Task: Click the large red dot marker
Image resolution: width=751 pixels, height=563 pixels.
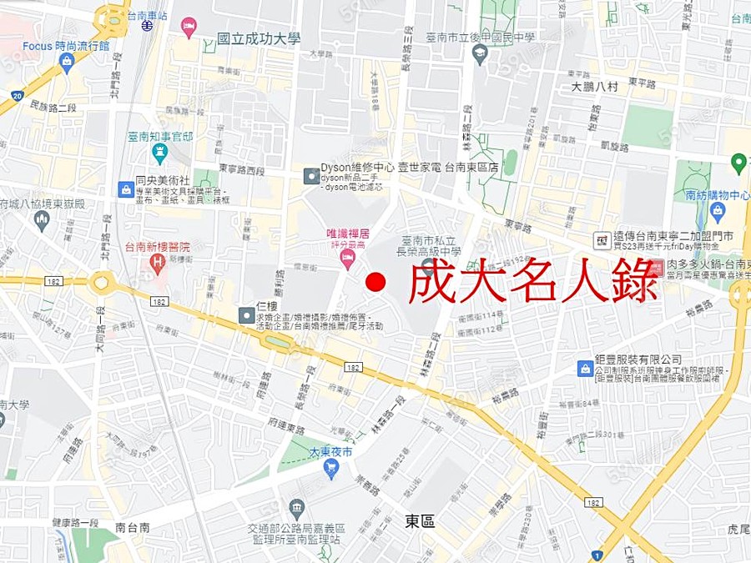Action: tap(375, 282)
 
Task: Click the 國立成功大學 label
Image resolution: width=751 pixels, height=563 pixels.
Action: tap(258, 38)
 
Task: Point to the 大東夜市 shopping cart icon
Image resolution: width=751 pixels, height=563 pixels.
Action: tap(331, 469)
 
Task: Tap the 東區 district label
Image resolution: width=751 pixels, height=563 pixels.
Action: tap(420, 521)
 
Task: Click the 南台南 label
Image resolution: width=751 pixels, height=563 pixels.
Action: tap(133, 527)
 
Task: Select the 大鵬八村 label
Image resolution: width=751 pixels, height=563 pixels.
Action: tap(595, 87)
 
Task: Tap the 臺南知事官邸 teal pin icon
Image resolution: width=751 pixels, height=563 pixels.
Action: tap(159, 153)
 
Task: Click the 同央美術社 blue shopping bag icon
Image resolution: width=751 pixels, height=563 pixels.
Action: tap(125, 189)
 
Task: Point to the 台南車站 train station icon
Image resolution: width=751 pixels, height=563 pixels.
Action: tap(147, 26)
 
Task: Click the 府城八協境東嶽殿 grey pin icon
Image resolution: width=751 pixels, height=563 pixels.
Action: tap(42, 220)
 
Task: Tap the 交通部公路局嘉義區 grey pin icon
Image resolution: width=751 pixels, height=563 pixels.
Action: tap(296, 508)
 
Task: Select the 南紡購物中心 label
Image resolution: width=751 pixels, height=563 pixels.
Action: tap(717, 196)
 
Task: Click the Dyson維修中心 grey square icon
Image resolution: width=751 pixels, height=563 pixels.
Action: tap(310, 176)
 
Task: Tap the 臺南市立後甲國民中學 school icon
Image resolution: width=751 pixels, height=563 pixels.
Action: tap(479, 55)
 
